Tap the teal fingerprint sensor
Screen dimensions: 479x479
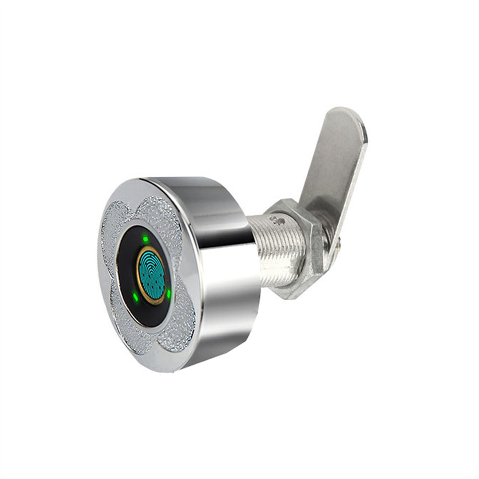[x=151, y=275]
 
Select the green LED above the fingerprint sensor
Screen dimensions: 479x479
[x=145, y=239]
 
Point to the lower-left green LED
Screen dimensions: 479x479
[x=135, y=297]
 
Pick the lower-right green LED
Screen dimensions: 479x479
[x=168, y=294]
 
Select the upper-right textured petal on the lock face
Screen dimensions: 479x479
[x=164, y=215]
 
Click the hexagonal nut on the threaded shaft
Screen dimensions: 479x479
[x=299, y=248]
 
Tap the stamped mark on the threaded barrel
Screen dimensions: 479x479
[x=276, y=219]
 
